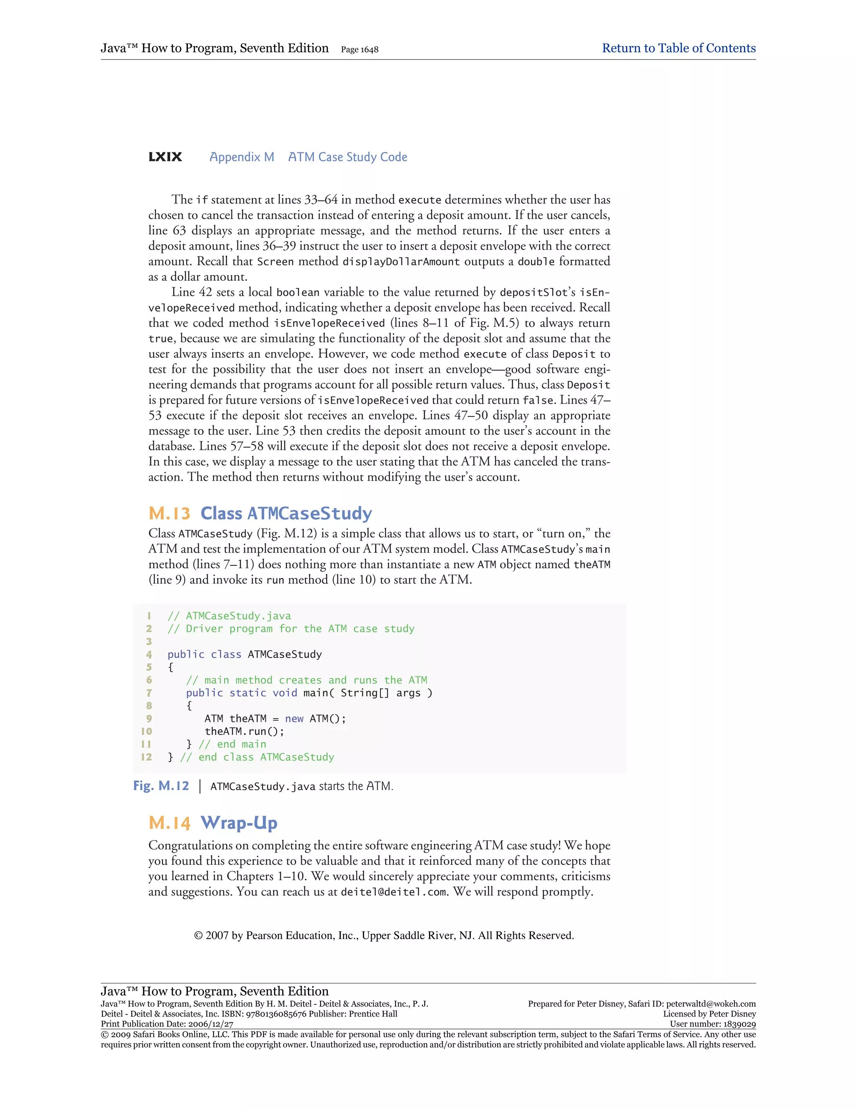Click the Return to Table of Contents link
pyautogui.click(x=678, y=48)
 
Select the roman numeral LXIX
pyautogui.click(x=165, y=157)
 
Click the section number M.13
pyautogui.click(x=169, y=513)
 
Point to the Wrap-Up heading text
pyautogui.click(x=239, y=823)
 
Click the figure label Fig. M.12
pyautogui.click(x=160, y=786)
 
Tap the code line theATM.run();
pyautogui.click(x=244, y=731)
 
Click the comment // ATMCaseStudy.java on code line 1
pyautogui.click(x=229, y=616)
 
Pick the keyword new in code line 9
pyautogui.click(x=294, y=719)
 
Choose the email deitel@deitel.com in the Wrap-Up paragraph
pyautogui.click(x=394, y=892)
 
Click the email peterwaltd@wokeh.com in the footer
pyautogui.click(x=710, y=1004)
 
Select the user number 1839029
pyautogui.click(x=739, y=1024)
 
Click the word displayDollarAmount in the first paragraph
pyautogui.click(x=401, y=262)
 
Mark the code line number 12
pyautogui.click(x=147, y=757)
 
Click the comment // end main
pyautogui.click(x=233, y=744)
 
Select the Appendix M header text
pyautogui.click(x=242, y=157)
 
